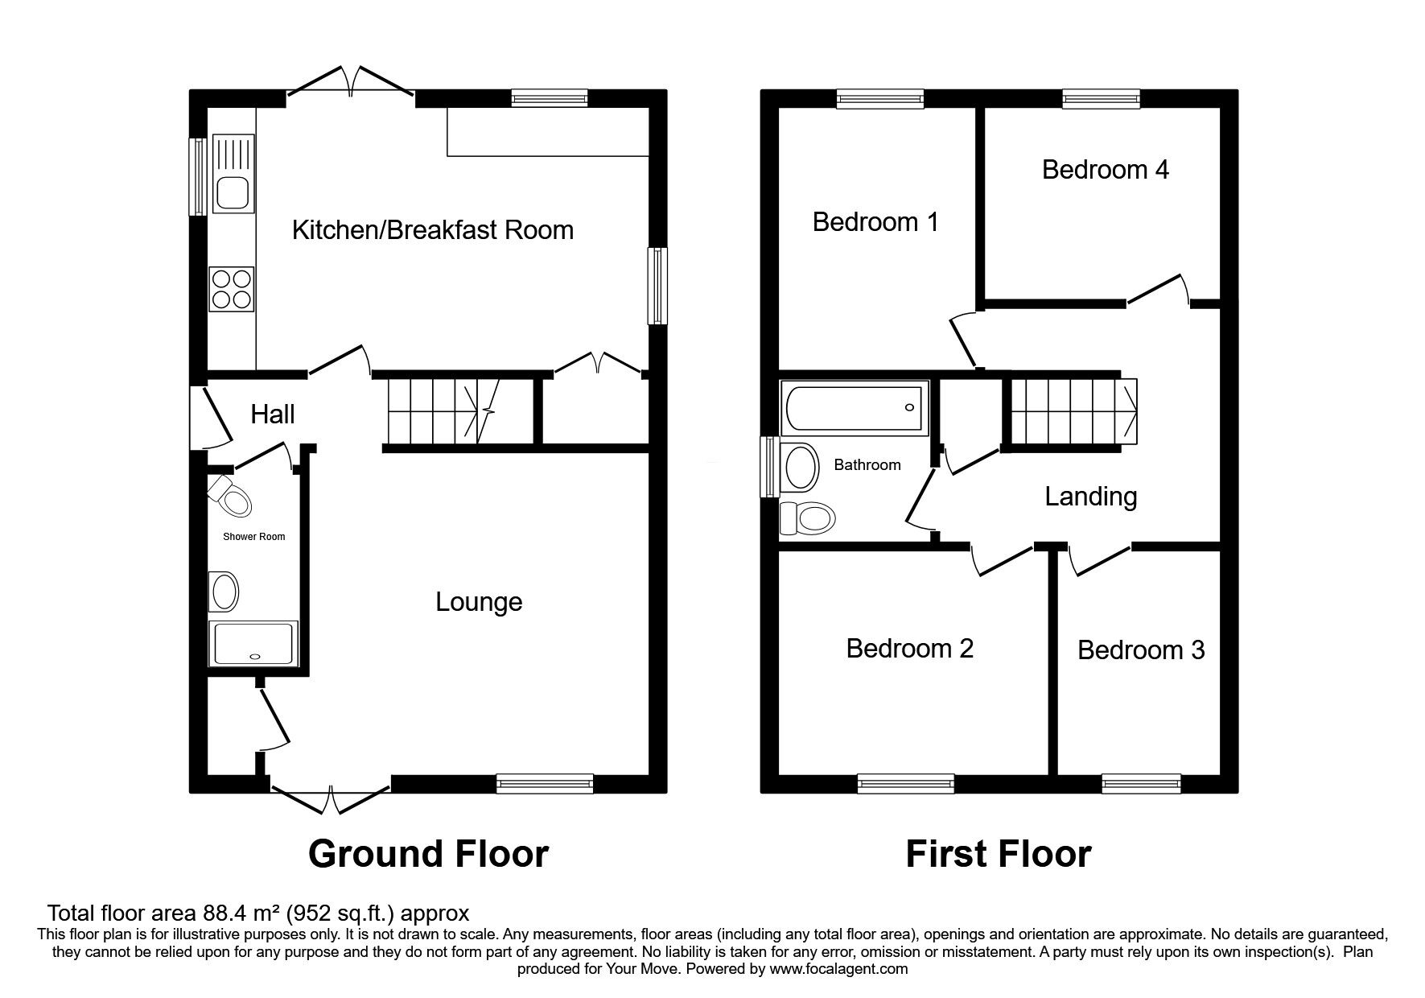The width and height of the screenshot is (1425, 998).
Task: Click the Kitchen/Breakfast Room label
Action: [432, 230]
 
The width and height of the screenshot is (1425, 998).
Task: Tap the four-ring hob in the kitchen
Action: [232, 289]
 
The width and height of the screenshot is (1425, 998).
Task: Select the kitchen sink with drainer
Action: [232, 174]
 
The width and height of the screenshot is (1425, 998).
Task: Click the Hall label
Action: [273, 414]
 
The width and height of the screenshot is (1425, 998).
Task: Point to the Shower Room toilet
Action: [230, 497]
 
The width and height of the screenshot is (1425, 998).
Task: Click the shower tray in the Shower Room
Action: [253, 643]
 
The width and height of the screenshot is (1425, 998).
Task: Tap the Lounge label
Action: [479, 602]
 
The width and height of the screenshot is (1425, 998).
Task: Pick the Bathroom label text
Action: [867, 464]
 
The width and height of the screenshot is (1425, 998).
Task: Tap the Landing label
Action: [1090, 497]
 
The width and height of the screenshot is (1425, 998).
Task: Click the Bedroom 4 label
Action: [1105, 170]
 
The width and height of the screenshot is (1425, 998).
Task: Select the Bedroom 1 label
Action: [875, 222]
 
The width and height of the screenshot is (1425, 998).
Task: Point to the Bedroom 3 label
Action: [1141, 650]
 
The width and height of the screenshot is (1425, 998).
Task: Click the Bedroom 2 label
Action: [909, 648]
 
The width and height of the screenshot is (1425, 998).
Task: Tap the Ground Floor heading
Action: [428, 853]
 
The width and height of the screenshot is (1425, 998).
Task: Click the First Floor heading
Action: [999, 853]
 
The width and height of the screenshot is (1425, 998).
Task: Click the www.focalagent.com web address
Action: [838, 969]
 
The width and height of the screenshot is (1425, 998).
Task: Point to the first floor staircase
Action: [1073, 410]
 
